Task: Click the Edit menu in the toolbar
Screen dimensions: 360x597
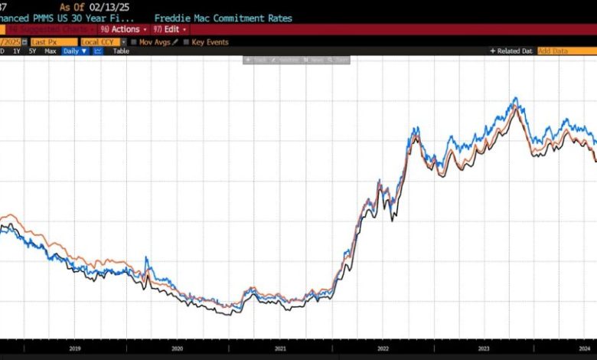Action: click(x=174, y=29)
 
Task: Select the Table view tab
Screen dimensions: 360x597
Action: click(x=121, y=51)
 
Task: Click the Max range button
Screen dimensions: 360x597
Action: click(x=51, y=51)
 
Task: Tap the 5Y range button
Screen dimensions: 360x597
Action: click(x=32, y=51)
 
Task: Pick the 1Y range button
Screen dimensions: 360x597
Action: click(x=16, y=51)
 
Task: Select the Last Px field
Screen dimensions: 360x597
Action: click(x=54, y=41)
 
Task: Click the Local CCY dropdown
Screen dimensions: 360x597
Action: click(x=102, y=41)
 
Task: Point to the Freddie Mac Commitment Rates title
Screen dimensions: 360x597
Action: click(x=222, y=18)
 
